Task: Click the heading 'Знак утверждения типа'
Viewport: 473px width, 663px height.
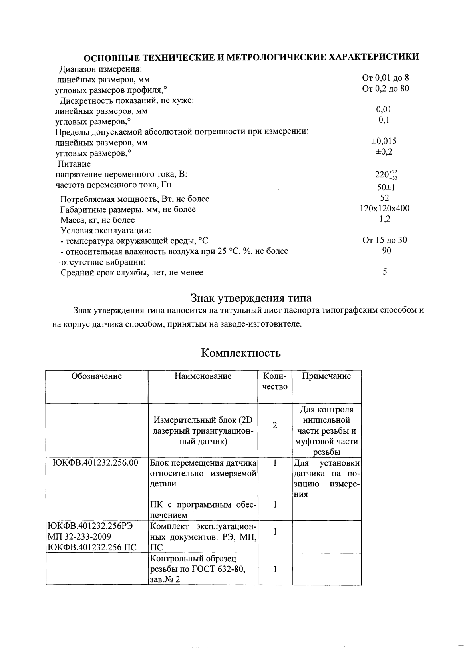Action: click(251, 298)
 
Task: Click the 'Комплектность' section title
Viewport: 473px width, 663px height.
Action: click(240, 353)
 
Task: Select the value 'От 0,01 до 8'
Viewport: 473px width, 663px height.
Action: click(385, 78)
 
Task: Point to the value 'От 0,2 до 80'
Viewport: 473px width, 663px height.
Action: click(385, 88)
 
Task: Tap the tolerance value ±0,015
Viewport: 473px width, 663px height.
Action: click(384, 141)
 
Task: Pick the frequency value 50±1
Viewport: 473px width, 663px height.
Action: click(386, 187)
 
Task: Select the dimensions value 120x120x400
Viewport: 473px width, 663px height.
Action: click(384, 208)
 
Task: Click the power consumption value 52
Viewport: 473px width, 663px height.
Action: click(385, 198)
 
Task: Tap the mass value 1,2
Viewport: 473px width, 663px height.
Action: click(385, 219)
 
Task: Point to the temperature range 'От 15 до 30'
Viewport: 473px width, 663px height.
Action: click(384, 240)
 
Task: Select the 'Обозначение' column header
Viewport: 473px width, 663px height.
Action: click(97, 376)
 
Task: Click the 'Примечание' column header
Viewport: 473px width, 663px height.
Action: click(326, 376)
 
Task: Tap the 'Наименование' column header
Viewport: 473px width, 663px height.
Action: click(203, 376)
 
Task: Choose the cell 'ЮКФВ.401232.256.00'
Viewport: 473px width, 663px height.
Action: click(95, 463)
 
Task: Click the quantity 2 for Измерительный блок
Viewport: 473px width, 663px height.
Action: click(274, 426)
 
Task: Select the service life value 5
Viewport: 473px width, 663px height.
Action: click(385, 272)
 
